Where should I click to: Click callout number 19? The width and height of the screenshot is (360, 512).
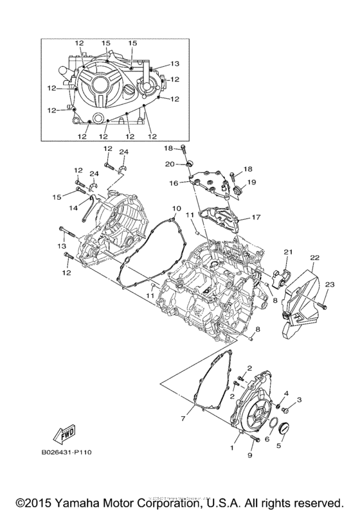pos(252,182)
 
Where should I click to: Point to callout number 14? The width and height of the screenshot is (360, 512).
pos(73,207)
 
